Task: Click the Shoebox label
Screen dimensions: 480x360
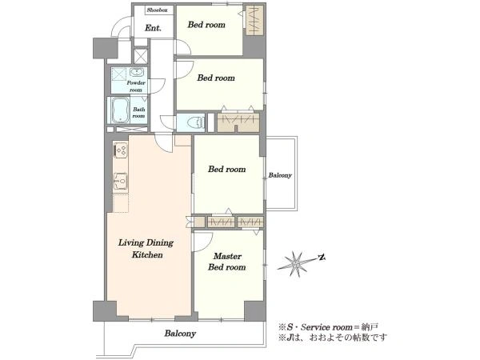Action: [x=157, y=10]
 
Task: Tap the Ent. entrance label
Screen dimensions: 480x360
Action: [x=153, y=28]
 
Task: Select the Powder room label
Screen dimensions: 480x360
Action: [x=136, y=86]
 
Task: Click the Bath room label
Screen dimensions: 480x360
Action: [x=138, y=113]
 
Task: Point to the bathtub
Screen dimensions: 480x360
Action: [x=120, y=110]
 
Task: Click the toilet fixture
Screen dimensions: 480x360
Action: [x=196, y=122]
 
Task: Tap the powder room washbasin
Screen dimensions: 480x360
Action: [x=136, y=73]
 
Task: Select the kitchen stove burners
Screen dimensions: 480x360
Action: [x=120, y=150]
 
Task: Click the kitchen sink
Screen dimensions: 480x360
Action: [x=120, y=182]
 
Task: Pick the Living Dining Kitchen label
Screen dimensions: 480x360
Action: [x=146, y=249]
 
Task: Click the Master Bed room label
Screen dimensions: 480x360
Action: [x=227, y=262]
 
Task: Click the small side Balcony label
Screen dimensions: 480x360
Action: [x=280, y=175]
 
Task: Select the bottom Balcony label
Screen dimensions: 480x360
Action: [x=180, y=334]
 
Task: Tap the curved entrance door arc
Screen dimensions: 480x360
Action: [x=120, y=30]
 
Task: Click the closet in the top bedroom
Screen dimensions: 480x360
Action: [x=254, y=20]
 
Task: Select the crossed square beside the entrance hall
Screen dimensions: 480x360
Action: [x=141, y=55]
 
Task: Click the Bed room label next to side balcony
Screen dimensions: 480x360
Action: [x=227, y=170]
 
